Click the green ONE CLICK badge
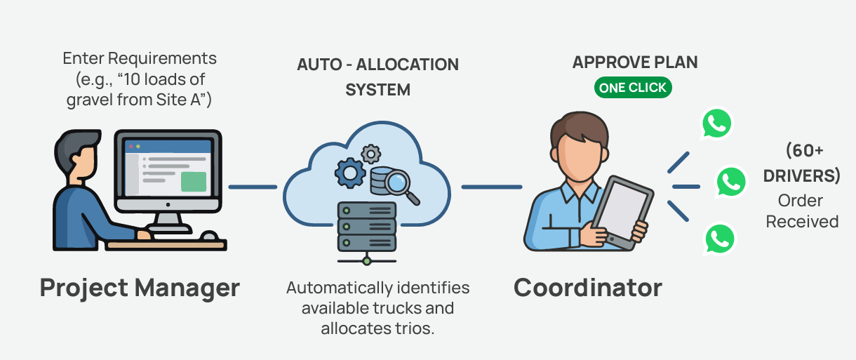pos(633,88)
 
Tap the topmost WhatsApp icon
pos(716,125)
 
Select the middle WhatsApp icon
pos(731,182)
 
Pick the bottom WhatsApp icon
pos(719,239)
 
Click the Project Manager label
pos(140,287)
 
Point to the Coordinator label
pos(587,287)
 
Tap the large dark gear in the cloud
pos(350,172)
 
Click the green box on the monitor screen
pos(193,181)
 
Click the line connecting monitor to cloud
pos(252,187)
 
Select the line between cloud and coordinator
pos(491,187)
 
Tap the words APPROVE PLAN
pos(635,62)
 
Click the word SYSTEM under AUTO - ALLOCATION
pos(377,90)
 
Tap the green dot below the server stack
pos(367,261)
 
